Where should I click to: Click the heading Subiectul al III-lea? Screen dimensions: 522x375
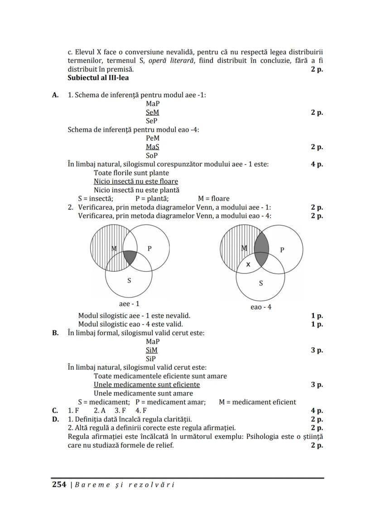tap(98, 78)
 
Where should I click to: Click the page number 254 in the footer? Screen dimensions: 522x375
tap(59, 484)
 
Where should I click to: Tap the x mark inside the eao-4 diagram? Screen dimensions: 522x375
tap(248, 264)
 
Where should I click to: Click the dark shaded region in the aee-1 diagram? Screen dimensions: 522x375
tap(130, 257)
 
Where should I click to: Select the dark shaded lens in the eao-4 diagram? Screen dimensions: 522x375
tap(261, 249)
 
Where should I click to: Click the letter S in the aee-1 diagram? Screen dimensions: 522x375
tap(129, 280)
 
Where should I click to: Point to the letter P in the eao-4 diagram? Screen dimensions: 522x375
tap(282, 250)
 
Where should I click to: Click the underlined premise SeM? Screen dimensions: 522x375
tap(152, 112)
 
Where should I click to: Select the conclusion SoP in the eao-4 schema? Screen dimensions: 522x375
tap(152, 155)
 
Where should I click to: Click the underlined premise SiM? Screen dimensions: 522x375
tap(152, 350)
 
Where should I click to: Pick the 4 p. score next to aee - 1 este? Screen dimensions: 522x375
tap(317, 164)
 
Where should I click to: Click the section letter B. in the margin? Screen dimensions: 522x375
tap(55, 333)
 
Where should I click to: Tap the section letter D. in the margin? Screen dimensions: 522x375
tap(55, 419)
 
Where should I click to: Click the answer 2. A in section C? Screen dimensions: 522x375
tap(100, 410)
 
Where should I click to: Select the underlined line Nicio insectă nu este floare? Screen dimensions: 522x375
tap(136, 181)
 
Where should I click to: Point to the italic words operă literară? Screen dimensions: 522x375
tap(169, 61)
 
